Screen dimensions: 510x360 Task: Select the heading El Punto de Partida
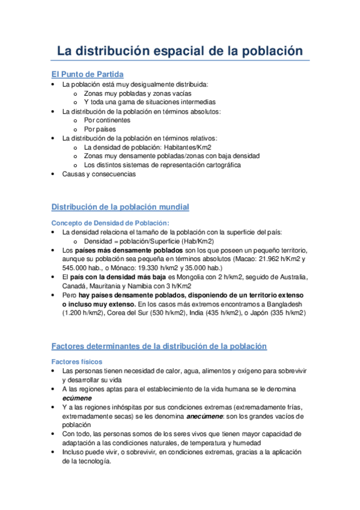coord(88,75)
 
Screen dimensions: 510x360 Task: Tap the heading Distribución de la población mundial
coord(120,207)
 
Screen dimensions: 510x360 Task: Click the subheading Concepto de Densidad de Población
coord(106,223)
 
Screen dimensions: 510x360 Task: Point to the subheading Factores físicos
coord(77,361)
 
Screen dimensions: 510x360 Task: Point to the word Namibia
coord(147,286)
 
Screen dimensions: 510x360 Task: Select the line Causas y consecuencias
coord(99,174)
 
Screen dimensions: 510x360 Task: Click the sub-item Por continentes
coord(107,120)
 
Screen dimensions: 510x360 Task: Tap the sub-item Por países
coord(100,129)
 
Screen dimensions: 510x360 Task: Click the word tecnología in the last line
coord(93,461)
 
